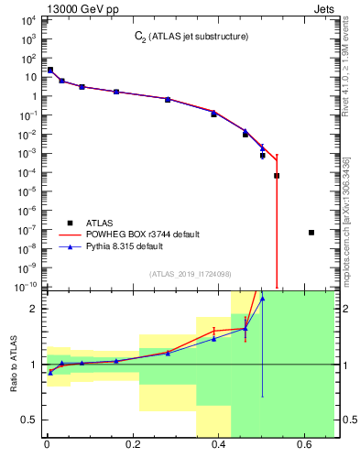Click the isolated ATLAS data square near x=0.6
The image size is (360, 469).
point(311,233)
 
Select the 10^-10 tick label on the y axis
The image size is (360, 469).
point(26,287)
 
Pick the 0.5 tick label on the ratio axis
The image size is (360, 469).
point(28,420)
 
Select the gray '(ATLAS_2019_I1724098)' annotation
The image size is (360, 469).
point(196,274)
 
